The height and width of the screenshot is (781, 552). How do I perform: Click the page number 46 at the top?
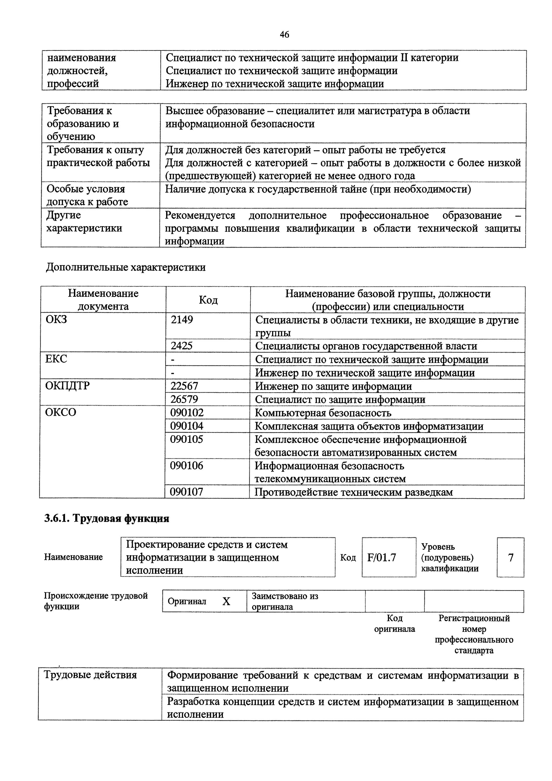pyautogui.click(x=284, y=34)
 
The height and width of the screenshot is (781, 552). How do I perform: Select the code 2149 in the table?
pyautogui.click(x=182, y=319)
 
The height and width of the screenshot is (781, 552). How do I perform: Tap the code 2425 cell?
pyautogui.click(x=182, y=346)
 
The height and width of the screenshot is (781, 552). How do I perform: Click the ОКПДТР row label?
pyautogui.click(x=67, y=386)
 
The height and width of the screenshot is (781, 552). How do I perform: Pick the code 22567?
pyautogui.click(x=184, y=386)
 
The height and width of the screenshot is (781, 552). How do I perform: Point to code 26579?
pyautogui.click(x=184, y=399)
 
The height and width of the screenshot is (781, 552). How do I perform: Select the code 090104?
pyautogui.click(x=187, y=426)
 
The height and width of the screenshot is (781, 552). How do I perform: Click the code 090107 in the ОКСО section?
pyautogui.click(x=187, y=492)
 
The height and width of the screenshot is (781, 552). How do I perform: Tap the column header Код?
pyautogui.click(x=208, y=300)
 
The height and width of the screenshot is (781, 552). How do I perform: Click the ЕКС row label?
pyautogui.click(x=56, y=359)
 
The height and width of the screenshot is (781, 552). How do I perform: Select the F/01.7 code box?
pyautogui.click(x=382, y=557)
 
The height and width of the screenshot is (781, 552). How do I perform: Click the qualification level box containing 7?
pyautogui.click(x=510, y=557)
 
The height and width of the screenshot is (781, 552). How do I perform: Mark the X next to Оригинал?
pyautogui.click(x=226, y=601)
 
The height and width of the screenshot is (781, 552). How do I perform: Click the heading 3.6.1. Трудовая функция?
pyautogui.click(x=106, y=518)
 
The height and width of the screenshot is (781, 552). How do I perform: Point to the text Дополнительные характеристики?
pyautogui.click(x=126, y=267)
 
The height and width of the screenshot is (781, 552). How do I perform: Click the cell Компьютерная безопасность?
pyautogui.click(x=323, y=413)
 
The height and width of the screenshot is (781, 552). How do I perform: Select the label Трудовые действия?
pyautogui.click(x=90, y=675)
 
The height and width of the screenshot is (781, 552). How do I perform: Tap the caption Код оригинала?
pyautogui.click(x=394, y=623)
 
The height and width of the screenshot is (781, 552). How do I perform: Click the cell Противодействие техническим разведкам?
pyautogui.click(x=354, y=492)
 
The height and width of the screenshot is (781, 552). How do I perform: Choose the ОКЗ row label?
pyautogui.click(x=56, y=319)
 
